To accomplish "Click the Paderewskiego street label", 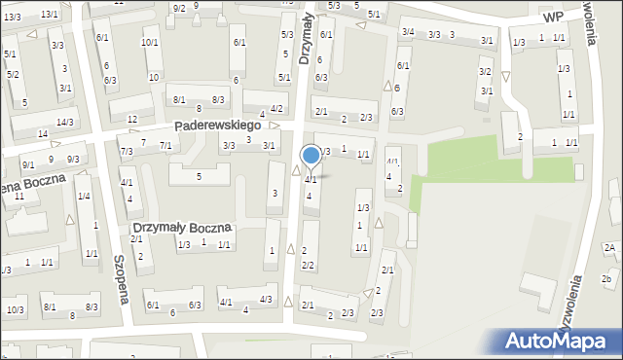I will tap(217, 126).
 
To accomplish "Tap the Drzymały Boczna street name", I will tap(182, 228).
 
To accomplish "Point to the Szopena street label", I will tap(122, 280).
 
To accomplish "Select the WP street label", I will tap(553, 18).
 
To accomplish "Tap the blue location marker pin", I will tap(311, 156).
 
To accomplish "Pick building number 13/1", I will tap(50, 15).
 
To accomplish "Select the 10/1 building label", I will tap(150, 42).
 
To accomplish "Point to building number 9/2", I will tap(179, 9).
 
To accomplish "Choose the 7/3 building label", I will tap(127, 151).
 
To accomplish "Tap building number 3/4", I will tap(409, 33).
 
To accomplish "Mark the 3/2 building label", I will tap(485, 72).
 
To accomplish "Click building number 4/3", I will tap(266, 299).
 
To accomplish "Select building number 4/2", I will tap(277, 109).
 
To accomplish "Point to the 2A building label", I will tap(609, 248).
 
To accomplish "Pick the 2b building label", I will tap(606, 280).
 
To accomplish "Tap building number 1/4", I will tap(84, 197).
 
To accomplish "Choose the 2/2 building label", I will tap(308, 265).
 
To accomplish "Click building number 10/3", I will tap(15, 309).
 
